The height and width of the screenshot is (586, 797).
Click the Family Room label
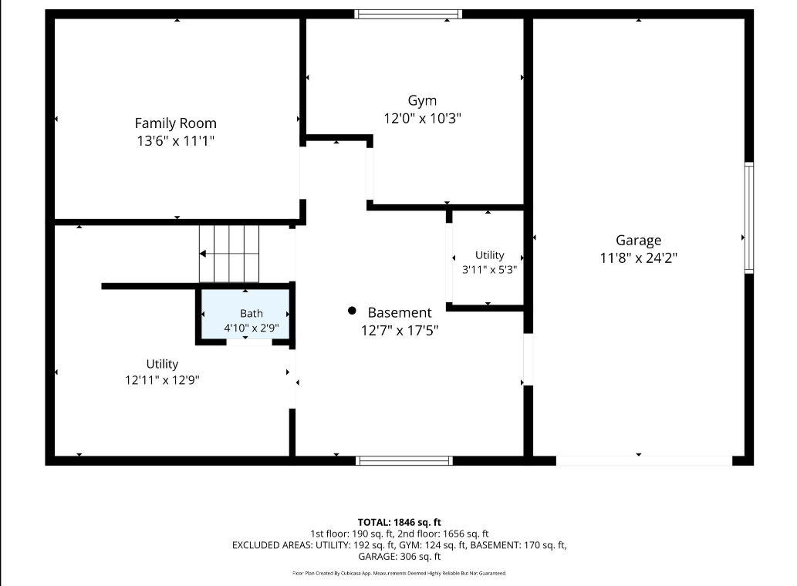(x=175, y=123)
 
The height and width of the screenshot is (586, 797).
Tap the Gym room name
(x=422, y=101)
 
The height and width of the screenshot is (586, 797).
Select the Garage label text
(x=638, y=241)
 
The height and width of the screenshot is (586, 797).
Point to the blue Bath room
(x=245, y=315)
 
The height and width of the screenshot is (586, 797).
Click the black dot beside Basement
(x=352, y=310)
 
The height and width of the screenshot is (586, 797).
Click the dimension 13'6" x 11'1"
(x=175, y=140)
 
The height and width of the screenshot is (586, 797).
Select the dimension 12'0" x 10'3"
(x=422, y=118)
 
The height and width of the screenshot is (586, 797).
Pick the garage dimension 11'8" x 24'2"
(x=638, y=258)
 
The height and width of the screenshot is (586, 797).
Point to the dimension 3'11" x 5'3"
(x=489, y=270)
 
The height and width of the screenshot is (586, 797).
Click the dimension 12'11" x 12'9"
(x=162, y=380)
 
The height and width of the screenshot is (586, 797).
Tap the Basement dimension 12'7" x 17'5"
(x=400, y=331)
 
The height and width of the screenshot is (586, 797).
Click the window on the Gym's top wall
(x=408, y=14)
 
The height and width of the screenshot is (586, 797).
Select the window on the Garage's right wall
(x=748, y=218)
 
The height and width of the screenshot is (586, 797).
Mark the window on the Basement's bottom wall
(x=404, y=460)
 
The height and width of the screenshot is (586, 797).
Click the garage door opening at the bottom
(x=644, y=460)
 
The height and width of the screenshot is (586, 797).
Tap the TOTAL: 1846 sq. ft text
(x=399, y=523)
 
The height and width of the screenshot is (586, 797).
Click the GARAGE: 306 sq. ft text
(x=399, y=557)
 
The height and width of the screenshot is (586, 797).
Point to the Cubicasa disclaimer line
(x=399, y=574)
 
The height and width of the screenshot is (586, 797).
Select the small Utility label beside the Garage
(x=489, y=255)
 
